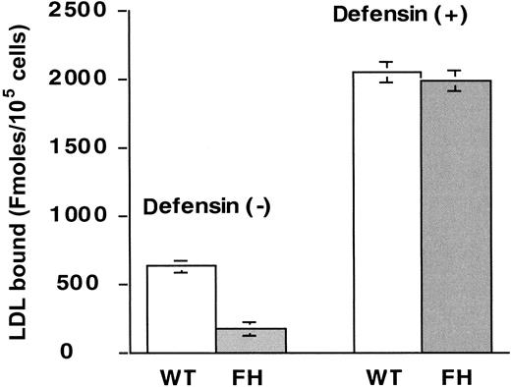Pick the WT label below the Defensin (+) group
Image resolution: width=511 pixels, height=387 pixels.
point(386,375)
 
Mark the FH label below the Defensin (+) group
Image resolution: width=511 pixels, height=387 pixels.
point(457,375)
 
